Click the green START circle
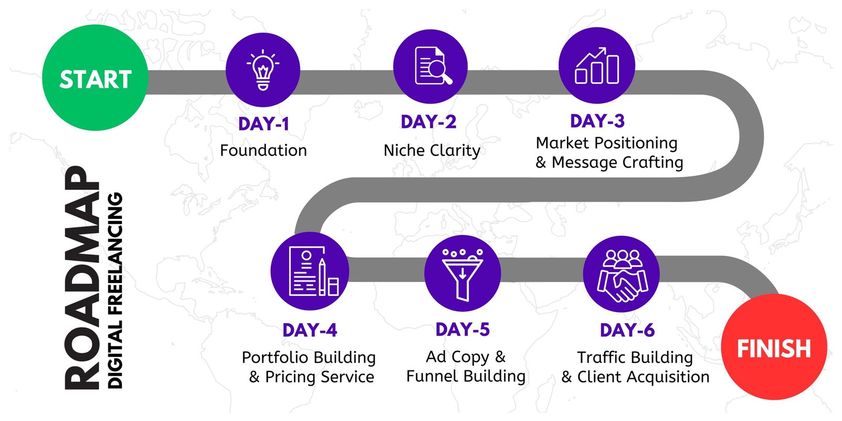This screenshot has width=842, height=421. [95, 78]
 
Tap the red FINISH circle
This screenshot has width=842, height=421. [774, 347]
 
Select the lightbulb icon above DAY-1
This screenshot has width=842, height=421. [263, 70]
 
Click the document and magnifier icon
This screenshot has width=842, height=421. [433, 66]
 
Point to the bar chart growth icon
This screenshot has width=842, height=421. [597, 65]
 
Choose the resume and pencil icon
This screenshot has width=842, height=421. [314, 271]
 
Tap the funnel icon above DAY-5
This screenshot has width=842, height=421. [463, 274]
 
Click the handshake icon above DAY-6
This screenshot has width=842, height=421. [622, 276]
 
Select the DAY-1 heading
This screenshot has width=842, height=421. [264, 124]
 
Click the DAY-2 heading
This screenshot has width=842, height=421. [428, 122]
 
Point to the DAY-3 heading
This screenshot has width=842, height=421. [597, 121]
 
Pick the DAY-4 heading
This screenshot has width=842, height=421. [310, 330]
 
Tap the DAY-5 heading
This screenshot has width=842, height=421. [463, 329]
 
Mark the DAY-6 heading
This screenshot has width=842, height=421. [627, 330]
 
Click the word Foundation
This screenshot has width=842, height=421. [264, 151]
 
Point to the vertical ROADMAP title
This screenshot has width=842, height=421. [82, 277]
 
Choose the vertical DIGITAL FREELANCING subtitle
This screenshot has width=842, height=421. [115, 290]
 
